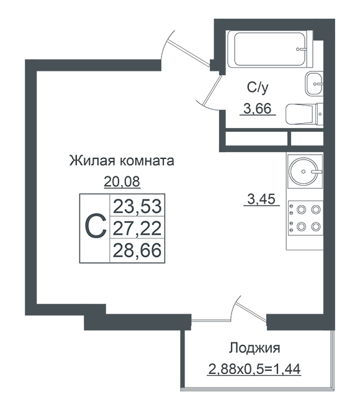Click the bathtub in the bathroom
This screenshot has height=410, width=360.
point(270,49)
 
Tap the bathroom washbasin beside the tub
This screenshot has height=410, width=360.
point(314,84)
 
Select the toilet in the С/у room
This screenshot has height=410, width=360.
point(304,114)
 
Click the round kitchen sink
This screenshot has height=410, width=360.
point(304,171)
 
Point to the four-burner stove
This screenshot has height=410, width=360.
point(305,218)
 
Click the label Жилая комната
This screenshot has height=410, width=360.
point(122,161)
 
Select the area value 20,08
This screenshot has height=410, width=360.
point(122,181)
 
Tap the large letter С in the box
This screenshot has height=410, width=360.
point(96,226)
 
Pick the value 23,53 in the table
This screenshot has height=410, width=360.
point(137,206)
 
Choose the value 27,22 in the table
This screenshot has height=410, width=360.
point(137,228)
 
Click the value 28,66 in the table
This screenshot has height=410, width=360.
point(137,250)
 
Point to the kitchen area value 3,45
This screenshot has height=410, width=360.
point(261,199)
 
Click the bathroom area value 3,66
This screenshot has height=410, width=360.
point(258,109)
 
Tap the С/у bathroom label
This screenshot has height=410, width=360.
point(258,88)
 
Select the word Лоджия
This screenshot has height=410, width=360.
point(254,348)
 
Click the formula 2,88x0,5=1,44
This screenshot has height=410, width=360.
point(254,369)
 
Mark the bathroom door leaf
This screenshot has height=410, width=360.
point(212,89)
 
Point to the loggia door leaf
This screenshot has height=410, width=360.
point(251,312)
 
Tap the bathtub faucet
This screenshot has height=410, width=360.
point(301,49)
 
